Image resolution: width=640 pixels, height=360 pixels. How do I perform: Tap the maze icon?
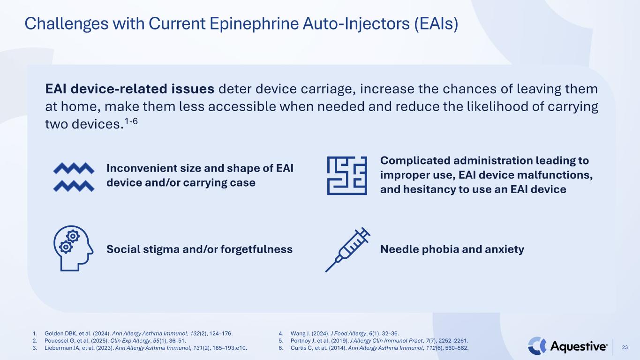pyautogui.click(x=347, y=176)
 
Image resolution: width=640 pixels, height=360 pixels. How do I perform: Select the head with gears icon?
pyautogui.click(x=73, y=248)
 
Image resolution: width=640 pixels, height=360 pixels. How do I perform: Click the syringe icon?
pyautogui.click(x=348, y=250)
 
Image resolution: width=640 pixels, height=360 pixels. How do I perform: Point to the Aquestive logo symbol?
pyautogui.click(x=537, y=345)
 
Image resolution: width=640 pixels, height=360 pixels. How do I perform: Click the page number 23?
pyautogui.click(x=625, y=347)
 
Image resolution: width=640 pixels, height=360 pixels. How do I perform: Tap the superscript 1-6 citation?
pyautogui.click(x=131, y=121)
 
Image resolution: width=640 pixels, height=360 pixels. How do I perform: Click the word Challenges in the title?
pyautogui.click(x=67, y=23)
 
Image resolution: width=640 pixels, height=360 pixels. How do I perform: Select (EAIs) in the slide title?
pyautogui.click(x=436, y=23)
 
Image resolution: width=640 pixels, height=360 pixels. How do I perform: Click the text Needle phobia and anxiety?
pyautogui.click(x=452, y=249)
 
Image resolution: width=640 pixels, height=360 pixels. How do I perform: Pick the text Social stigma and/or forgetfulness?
pyautogui.click(x=199, y=249)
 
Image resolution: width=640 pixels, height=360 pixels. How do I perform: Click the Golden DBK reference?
pyautogui.click(x=139, y=333)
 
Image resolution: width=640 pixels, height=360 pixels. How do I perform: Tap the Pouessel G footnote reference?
pyautogui.click(x=115, y=341)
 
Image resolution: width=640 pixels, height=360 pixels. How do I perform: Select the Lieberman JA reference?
pyautogui.click(x=146, y=348)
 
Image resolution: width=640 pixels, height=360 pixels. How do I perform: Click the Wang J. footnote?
pyautogui.click(x=345, y=333)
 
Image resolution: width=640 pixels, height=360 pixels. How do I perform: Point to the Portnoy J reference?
pyautogui.click(x=379, y=341)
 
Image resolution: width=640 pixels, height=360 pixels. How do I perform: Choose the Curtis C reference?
pyautogui.click(x=379, y=348)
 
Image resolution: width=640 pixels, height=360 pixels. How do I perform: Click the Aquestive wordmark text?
pyautogui.click(x=579, y=346)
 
